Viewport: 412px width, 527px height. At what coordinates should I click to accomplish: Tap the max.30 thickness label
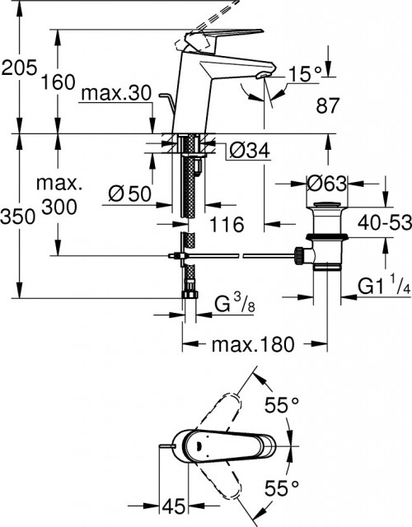tap(117, 96)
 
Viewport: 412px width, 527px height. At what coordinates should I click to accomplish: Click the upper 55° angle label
tap(282, 404)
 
